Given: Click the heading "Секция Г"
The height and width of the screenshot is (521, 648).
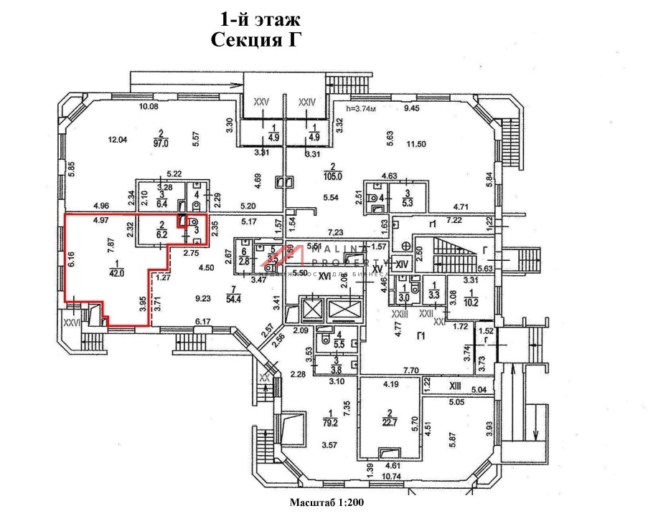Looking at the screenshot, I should tap(254, 39).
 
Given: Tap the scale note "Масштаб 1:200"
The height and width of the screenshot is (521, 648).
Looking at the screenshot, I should tap(327, 503).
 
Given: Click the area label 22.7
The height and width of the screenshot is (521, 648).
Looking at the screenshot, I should tap(392, 422).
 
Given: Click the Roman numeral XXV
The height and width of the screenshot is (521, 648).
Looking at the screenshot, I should tap(260, 103).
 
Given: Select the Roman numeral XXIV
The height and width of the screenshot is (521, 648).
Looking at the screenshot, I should tap(307, 103).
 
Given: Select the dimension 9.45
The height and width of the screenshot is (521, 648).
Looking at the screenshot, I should tap(410, 108).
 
